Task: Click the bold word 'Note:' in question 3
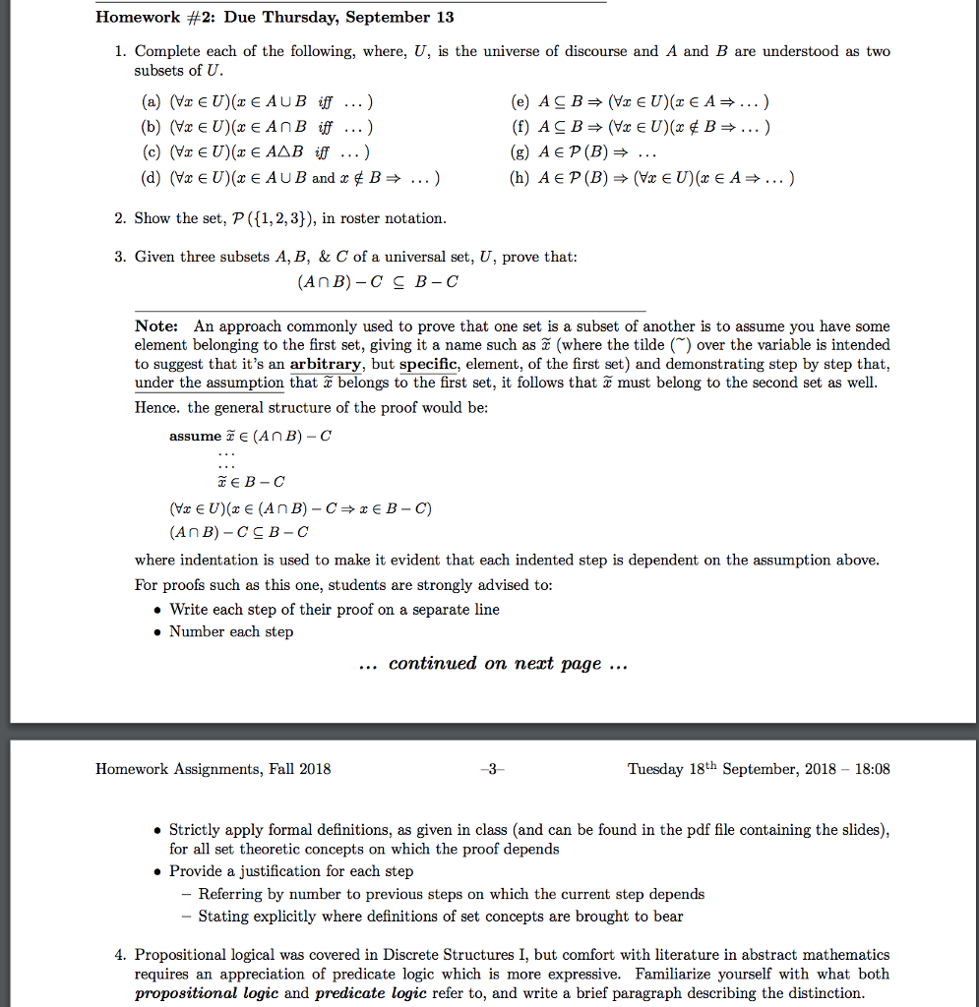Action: pyautogui.click(x=156, y=326)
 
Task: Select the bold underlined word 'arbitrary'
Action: pyautogui.click(x=327, y=364)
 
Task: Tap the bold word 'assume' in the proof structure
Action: pyautogui.click(x=195, y=436)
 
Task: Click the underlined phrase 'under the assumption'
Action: pyautogui.click(x=210, y=383)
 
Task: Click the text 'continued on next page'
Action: pyautogui.click(x=495, y=664)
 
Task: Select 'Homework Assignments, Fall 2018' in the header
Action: pyautogui.click(x=213, y=769)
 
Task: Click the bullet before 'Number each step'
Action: pyautogui.click(x=158, y=632)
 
